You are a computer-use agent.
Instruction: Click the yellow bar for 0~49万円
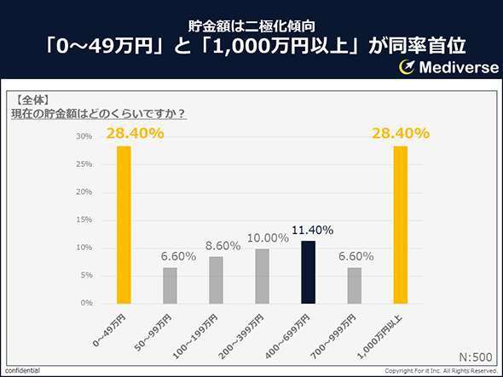(124, 225)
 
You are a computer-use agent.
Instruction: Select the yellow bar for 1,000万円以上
(401, 225)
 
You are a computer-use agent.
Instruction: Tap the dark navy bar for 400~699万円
(309, 271)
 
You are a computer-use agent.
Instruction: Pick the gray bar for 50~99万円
(171, 285)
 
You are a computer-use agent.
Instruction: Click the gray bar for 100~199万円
(217, 279)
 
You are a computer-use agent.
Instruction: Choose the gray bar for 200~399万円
(263, 276)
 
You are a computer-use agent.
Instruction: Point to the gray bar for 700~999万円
(355, 285)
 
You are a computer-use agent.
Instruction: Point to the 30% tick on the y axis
(84, 136)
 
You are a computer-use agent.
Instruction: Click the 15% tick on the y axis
(84, 220)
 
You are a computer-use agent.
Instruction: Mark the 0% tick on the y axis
(86, 303)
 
